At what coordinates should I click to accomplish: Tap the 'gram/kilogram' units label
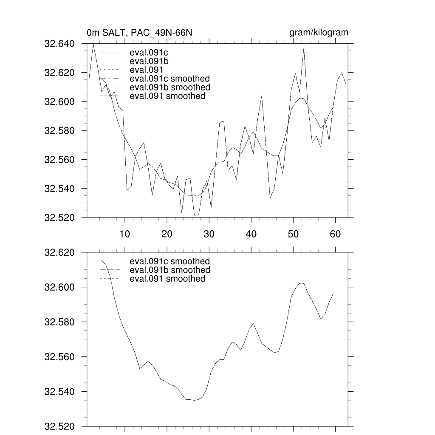click(x=319, y=33)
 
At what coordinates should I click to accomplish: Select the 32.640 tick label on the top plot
click(x=62, y=44)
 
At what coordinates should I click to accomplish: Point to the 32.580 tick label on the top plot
click(x=62, y=130)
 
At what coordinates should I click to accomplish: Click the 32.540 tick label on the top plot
click(x=62, y=188)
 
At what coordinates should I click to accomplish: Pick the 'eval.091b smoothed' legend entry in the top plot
click(x=169, y=87)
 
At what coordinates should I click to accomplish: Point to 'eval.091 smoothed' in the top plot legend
click(x=167, y=96)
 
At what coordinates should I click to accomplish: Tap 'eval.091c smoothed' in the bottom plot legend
click(x=169, y=261)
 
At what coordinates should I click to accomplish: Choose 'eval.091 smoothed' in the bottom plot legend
click(x=167, y=279)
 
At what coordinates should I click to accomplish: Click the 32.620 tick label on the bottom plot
click(x=62, y=252)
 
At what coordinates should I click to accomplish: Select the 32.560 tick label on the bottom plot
click(x=62, y=356)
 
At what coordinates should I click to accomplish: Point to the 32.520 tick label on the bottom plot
click(x=62, y=426)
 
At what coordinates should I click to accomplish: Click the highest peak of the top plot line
click(x=93, y=44)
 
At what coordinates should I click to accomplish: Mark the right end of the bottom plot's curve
click(x=333, y=294)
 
